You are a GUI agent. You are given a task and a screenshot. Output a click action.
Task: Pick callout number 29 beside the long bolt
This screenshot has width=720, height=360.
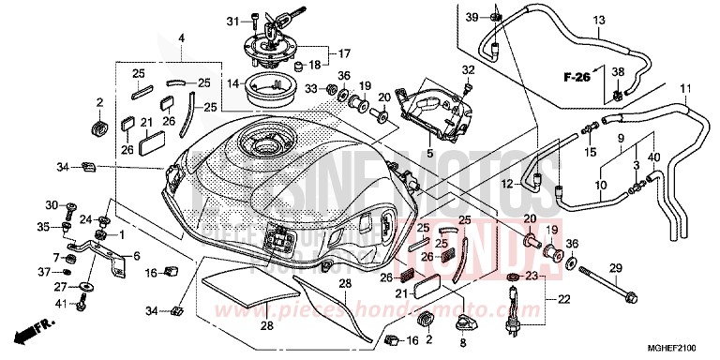616,269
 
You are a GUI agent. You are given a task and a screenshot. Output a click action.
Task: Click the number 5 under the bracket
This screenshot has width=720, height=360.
427,153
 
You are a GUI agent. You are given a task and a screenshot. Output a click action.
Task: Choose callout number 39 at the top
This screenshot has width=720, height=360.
472,16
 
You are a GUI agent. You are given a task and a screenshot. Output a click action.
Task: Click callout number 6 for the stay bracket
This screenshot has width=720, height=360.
136,255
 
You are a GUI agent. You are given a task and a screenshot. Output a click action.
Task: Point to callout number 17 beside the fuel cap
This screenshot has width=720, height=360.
344,52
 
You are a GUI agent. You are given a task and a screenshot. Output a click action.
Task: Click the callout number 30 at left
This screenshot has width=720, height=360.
53,204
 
